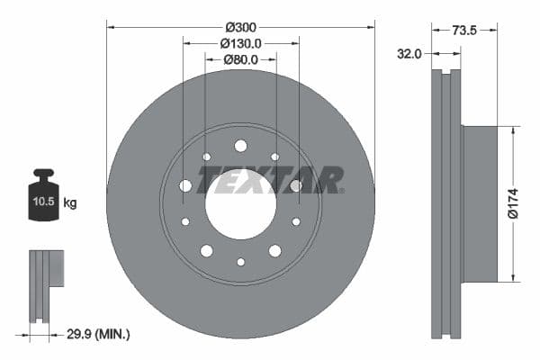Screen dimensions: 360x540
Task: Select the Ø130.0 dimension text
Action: [240, 42]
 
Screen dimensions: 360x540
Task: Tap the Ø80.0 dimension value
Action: [240, 59]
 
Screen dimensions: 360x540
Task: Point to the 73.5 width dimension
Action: [463, 30]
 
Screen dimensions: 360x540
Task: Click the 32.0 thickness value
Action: [409, 54]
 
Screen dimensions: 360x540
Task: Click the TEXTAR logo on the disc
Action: [270, 180]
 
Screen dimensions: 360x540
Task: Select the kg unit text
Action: [69, 203]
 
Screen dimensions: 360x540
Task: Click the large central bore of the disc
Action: [240, 203]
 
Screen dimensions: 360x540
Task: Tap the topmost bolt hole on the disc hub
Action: [240, 146]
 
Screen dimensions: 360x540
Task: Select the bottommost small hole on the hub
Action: [240, 262]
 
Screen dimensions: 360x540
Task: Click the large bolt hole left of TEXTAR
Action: [185, 185]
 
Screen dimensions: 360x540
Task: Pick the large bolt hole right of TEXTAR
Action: [296, 185]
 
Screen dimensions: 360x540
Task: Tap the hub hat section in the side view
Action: [479, 203]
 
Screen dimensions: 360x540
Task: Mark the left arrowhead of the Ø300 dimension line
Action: [111, 26]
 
